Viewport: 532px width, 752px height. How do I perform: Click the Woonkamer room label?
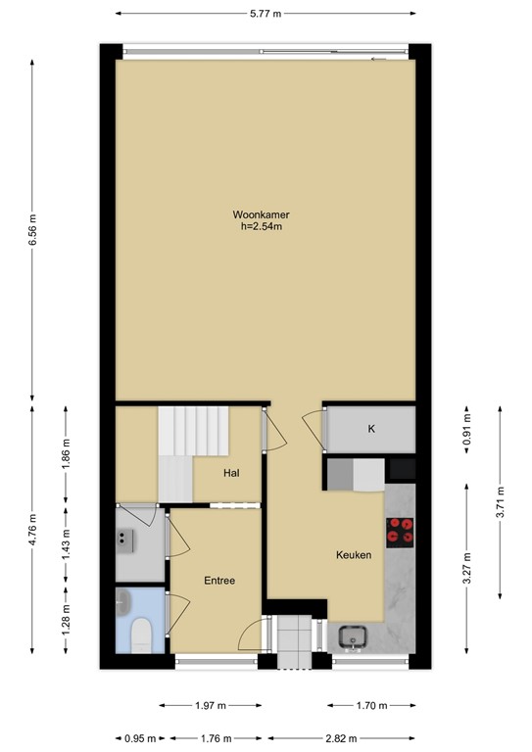(x=260, y=214)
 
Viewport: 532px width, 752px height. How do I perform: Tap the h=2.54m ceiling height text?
(x=260, y=227)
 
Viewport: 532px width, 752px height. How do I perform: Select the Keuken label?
(x=354, y=554)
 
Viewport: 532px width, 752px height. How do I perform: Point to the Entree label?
(x=219, y=581)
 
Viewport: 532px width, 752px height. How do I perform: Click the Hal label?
(x=231, y=473)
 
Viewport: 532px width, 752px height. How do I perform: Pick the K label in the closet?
(x=371, y=429)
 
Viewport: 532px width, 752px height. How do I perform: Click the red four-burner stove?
(x=400, y=530)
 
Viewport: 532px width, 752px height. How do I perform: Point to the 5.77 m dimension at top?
(x=265, y=14)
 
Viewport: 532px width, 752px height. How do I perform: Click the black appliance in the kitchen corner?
(x=402, y=470)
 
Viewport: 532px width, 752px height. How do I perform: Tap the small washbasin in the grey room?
(x=125, y=537)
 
